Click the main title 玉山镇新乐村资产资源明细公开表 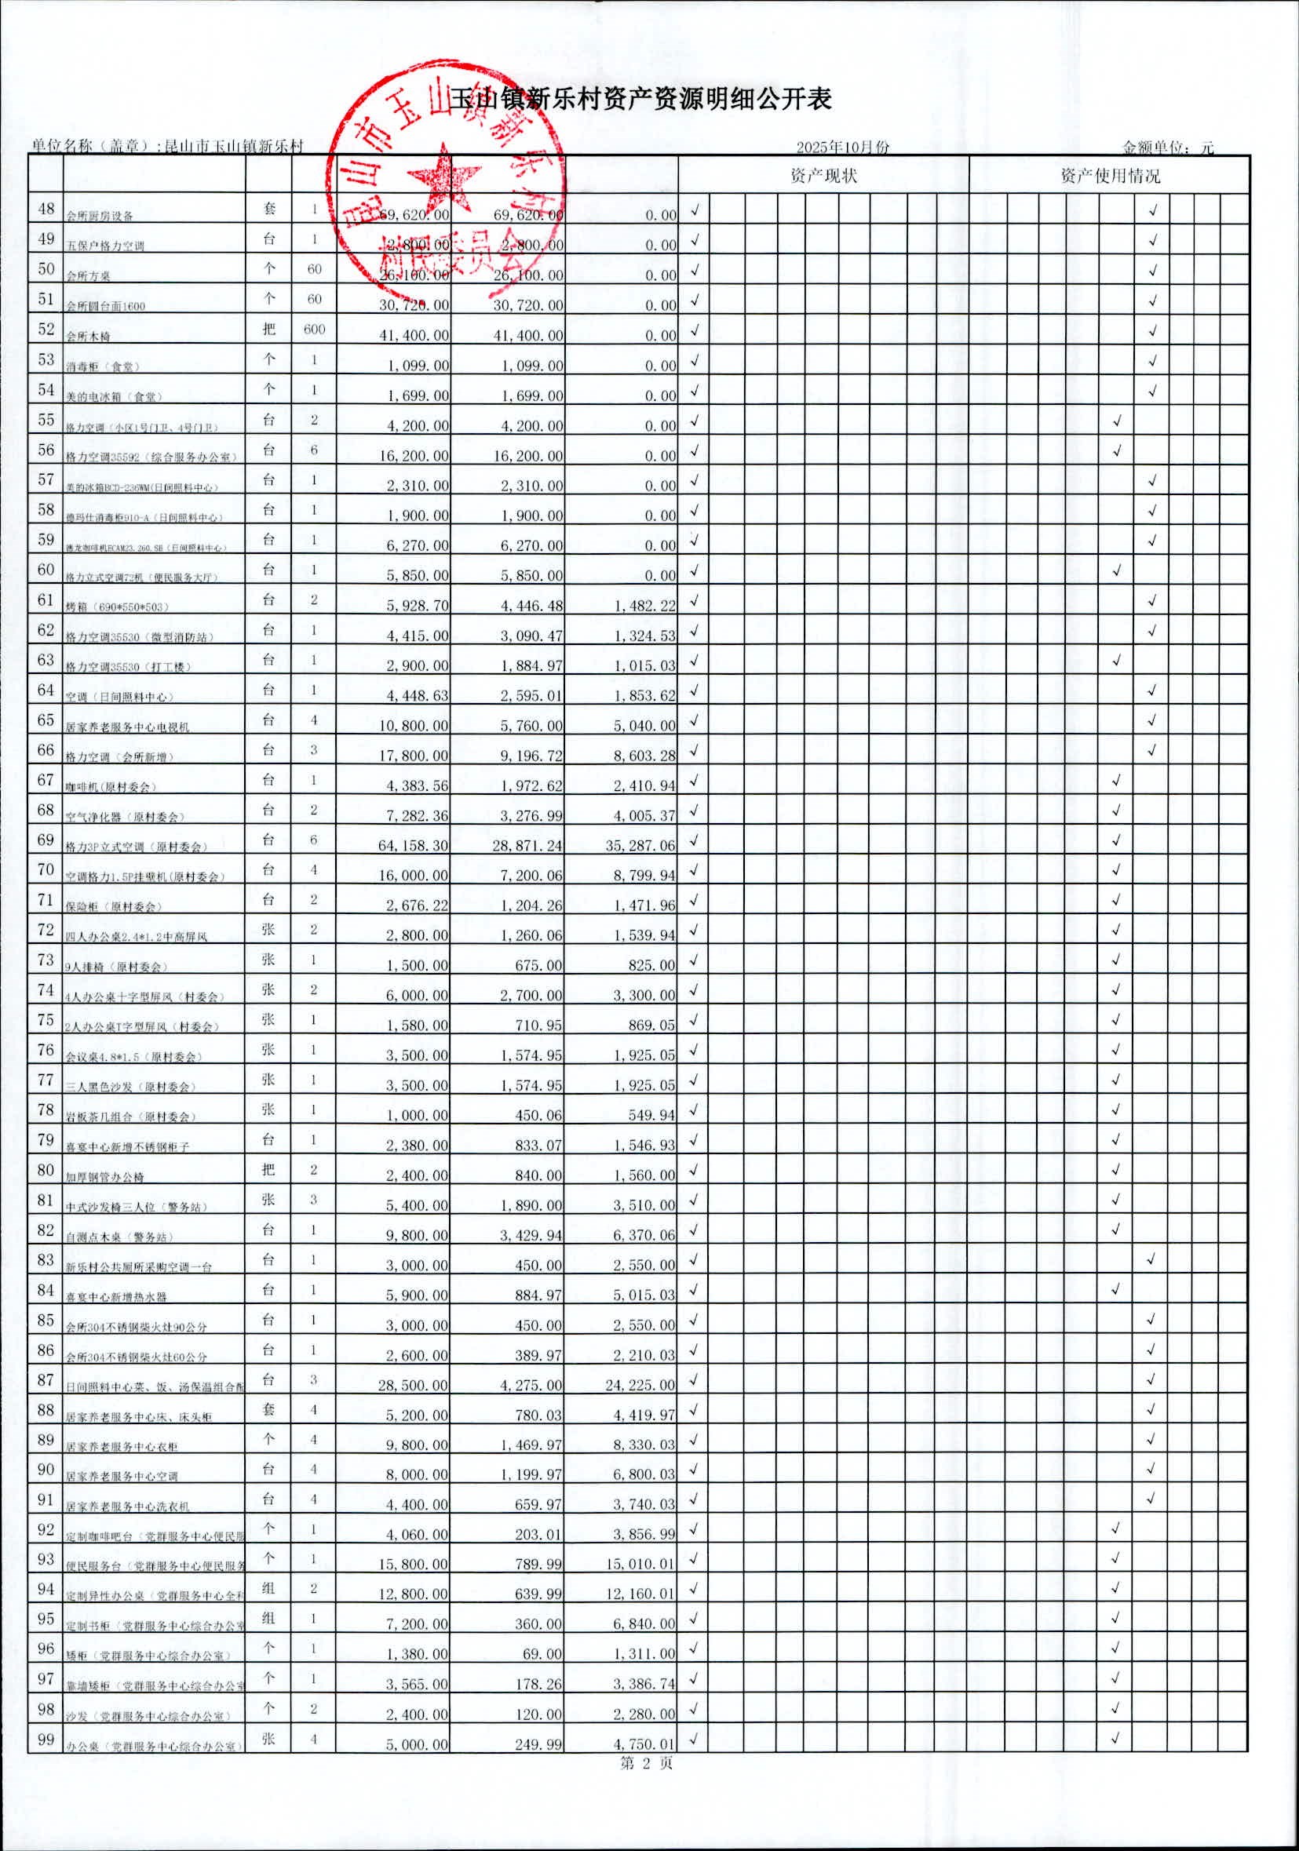(641, 99)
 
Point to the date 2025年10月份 (843, 148)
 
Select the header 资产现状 (823, 176)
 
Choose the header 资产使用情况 (1110, 176)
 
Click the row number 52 (46, 329)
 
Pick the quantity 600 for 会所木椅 (315, 329)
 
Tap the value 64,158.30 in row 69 (414, 846)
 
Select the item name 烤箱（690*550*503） (118, 607)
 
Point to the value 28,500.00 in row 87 (414, 1385)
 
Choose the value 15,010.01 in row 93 (641, 1565)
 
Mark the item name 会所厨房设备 (100, 216)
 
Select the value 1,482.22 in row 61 (644, 606)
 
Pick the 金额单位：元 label (1168, 148)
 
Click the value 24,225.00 (641, 1385)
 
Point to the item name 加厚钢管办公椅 (105, 1177)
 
